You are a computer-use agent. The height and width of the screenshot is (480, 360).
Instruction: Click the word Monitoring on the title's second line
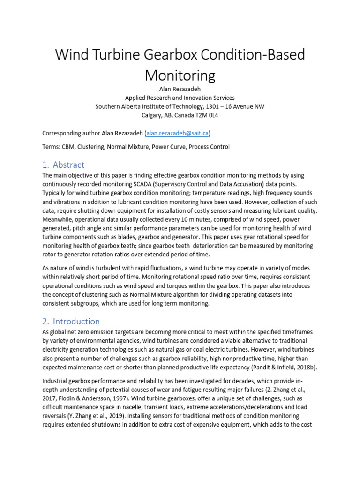(x=180, y=75)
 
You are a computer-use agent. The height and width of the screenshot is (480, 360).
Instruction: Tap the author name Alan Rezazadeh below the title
(x=180, y=89)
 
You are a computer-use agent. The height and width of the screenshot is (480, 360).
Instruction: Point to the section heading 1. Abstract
(x=63, y=165)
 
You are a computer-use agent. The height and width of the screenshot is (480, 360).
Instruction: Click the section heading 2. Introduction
(x=71, y=321)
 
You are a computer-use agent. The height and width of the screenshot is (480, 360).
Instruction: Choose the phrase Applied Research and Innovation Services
(x=180, y=97)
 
